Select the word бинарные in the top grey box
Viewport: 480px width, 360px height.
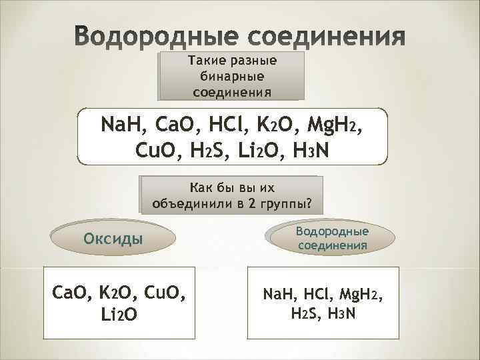click(x=231, y=76)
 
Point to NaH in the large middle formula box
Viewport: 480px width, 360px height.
click(x=123, y=125)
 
